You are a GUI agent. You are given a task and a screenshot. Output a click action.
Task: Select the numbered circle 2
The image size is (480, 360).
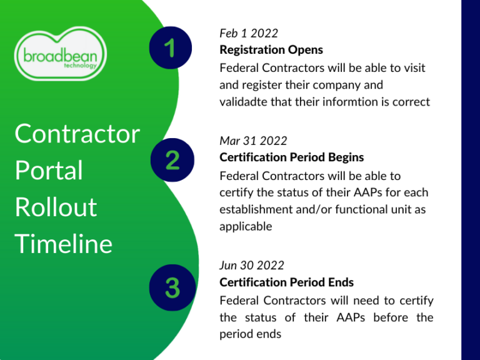172,159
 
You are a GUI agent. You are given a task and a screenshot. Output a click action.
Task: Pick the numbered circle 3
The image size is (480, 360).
172,288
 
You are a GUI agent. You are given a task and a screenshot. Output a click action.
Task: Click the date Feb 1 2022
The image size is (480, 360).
249,32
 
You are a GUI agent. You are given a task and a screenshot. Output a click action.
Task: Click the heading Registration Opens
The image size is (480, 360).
271,49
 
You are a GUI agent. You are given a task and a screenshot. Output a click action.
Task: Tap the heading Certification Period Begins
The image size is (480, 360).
291,157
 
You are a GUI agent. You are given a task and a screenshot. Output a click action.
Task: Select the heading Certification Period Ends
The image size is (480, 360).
286,282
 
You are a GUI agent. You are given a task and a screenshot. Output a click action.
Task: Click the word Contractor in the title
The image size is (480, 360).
77,134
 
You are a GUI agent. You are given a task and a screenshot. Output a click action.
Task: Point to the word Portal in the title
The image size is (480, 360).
49,170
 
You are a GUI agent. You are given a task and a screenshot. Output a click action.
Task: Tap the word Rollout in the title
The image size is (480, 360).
56,207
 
